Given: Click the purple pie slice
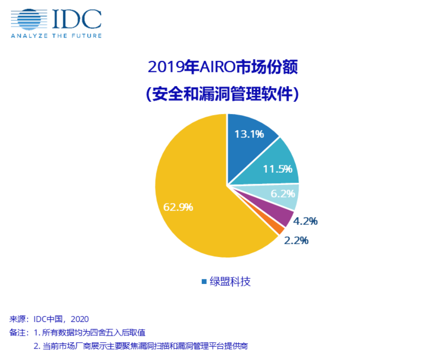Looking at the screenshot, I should tap(282, 217).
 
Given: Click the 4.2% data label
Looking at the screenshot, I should tap(305, 222).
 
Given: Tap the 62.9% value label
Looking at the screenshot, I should tap(178, 207).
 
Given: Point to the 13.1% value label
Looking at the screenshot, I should tap(249, 134).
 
